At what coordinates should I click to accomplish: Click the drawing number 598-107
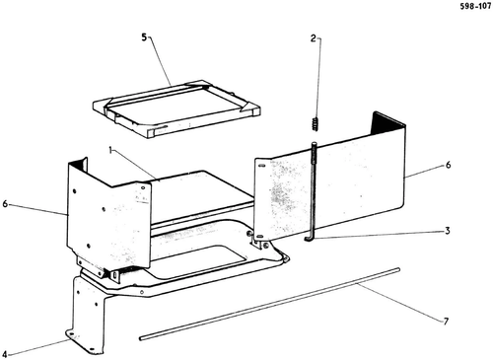coord(475,6)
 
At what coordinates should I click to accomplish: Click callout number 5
coord(144,37)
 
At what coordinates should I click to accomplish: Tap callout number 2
coord(314,38)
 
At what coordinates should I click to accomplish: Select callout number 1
coord(110,150)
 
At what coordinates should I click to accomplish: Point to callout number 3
coord(447,231)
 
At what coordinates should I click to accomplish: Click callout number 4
coord(4,354)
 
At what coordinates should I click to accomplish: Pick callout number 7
coord(446,322)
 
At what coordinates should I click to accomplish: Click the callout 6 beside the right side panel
coord(449,165)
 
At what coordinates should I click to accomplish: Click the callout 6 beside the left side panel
coord(5,204)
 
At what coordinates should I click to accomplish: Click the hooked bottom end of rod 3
coord(309,240)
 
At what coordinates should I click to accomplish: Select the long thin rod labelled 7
coord(269,304)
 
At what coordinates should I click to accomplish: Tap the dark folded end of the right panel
coord(387,123)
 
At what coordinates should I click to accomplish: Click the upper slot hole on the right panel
coord(261,166)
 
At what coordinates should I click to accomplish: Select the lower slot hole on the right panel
coord(259,236)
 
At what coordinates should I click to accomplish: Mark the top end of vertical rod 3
coord(315,143)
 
